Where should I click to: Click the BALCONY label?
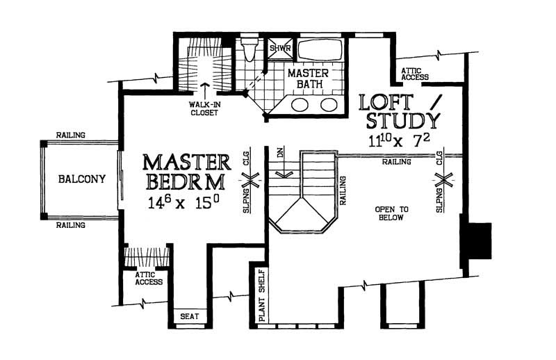(x=82, y=179)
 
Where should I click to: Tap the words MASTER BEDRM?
(x=186, y=172)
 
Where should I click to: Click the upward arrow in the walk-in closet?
(x=205, y=89)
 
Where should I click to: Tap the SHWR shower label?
(x=281, y=49)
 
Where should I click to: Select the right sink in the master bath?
(x=328, y=105)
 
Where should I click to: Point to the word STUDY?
(x=402, y=121)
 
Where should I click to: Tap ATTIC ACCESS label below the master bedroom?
(x=148, y=279)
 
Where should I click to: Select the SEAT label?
(x=190, y=316)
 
